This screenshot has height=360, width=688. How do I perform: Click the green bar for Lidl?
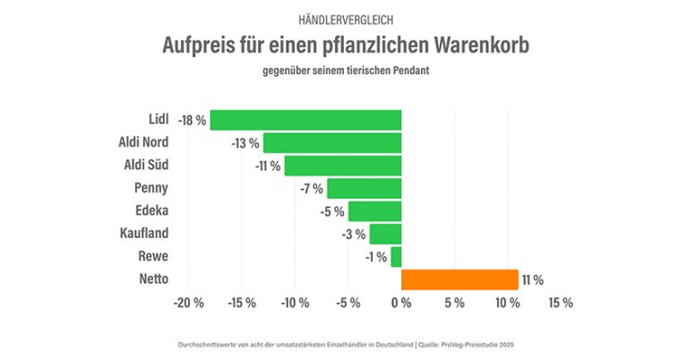(305, 120)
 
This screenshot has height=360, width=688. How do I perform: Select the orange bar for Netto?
(460, 280)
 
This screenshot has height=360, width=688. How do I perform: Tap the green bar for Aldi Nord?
(332, 142)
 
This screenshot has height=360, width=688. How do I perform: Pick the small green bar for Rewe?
(396, 257)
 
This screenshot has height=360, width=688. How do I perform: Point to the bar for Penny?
(364, 188)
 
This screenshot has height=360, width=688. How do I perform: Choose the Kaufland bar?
(385, 235)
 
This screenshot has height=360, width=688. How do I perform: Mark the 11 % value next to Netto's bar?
(532, 280)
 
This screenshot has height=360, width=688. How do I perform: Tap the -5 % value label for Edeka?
(331, 211)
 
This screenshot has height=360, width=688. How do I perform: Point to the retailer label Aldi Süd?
(145, 165)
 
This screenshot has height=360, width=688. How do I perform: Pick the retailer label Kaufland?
(143, 234)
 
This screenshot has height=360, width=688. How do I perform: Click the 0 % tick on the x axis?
(400, 303)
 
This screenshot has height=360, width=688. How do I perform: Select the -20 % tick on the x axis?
(188, 303)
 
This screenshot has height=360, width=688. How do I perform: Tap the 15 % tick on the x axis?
(560, 303)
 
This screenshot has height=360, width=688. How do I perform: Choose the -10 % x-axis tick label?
(295, 303)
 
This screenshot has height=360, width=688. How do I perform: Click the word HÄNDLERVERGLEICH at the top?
(344, 19)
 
